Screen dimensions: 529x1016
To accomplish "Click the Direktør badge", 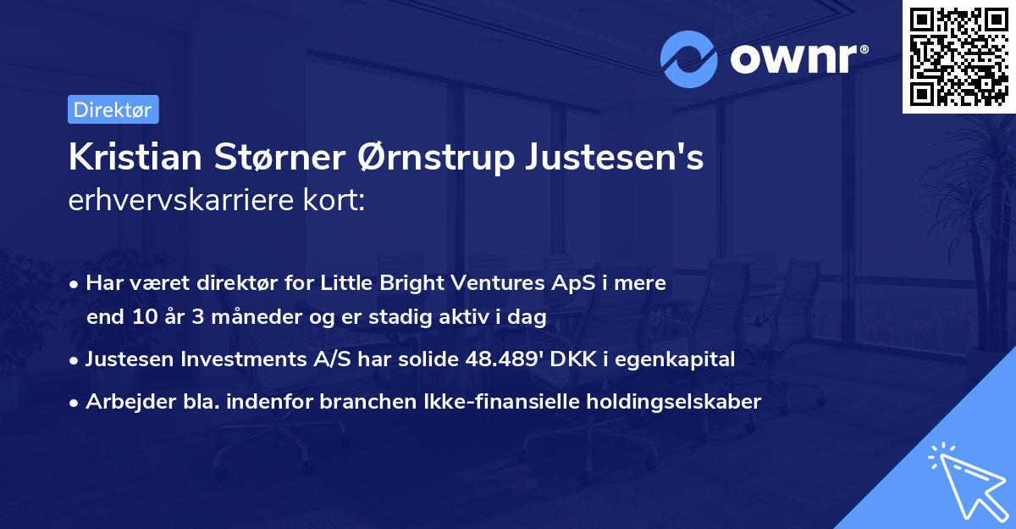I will coord(113,109).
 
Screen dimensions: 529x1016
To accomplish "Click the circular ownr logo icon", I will coord(689,58).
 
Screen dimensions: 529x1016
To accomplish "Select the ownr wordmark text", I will coord(798,58).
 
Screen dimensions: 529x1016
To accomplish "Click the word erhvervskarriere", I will coord(185,202).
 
